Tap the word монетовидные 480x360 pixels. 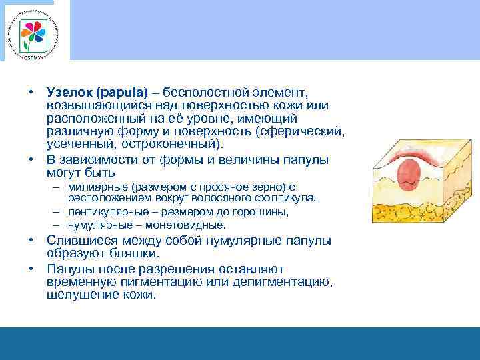pos(190,225)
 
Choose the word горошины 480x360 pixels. pos(262,212)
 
